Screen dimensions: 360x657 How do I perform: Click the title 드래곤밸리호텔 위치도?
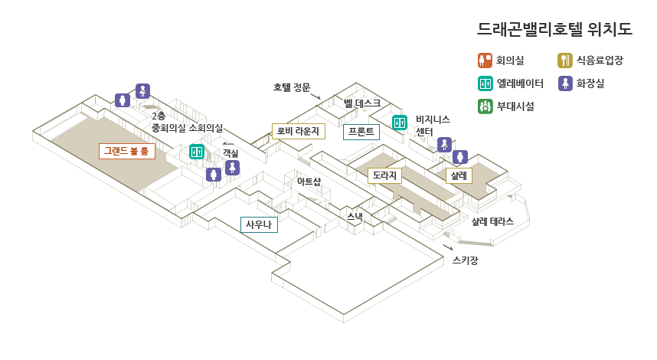555,30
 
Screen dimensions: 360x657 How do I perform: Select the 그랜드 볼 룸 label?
127,151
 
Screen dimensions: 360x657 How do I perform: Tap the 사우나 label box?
259,224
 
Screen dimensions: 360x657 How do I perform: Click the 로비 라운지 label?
299,131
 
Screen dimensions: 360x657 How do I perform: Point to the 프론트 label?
361,132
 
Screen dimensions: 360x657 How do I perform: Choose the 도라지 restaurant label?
384,175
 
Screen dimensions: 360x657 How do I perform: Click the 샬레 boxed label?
459,175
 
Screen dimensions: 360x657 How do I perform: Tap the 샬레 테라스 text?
492,221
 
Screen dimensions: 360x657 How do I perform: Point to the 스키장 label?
465,260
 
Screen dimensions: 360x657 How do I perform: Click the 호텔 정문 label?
292,87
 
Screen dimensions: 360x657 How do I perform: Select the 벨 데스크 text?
362,103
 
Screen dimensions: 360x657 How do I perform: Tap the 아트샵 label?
309,182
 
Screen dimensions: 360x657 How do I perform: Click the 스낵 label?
355,216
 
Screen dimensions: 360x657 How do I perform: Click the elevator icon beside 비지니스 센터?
400,123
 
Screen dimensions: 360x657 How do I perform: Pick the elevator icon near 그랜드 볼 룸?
197,152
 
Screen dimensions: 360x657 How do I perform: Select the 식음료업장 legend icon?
565,61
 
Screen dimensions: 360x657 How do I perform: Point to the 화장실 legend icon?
565,83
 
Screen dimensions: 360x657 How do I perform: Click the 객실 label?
230,153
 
